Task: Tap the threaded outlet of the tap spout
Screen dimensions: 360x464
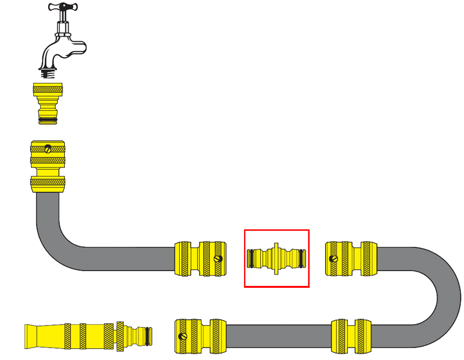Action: tap(48, 74)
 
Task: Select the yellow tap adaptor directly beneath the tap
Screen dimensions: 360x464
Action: tap(48, 103)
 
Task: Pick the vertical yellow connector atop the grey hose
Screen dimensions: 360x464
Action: tap(48, 166)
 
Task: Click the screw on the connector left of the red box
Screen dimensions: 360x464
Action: tap(218, 258)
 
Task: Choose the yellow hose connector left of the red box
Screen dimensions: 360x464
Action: tap(201, 258)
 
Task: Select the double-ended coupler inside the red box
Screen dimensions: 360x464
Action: tap(276, 258)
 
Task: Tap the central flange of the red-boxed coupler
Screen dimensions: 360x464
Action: tap(276, 258)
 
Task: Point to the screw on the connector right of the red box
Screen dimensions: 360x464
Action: tap(334, 258)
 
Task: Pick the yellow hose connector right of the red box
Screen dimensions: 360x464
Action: tap(352, 258)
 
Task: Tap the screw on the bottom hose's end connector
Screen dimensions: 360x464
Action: tap(184, 336)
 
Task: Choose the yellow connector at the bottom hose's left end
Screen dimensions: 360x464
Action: tap(201, 336)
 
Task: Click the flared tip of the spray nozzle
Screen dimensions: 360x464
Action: tap(37, 336)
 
